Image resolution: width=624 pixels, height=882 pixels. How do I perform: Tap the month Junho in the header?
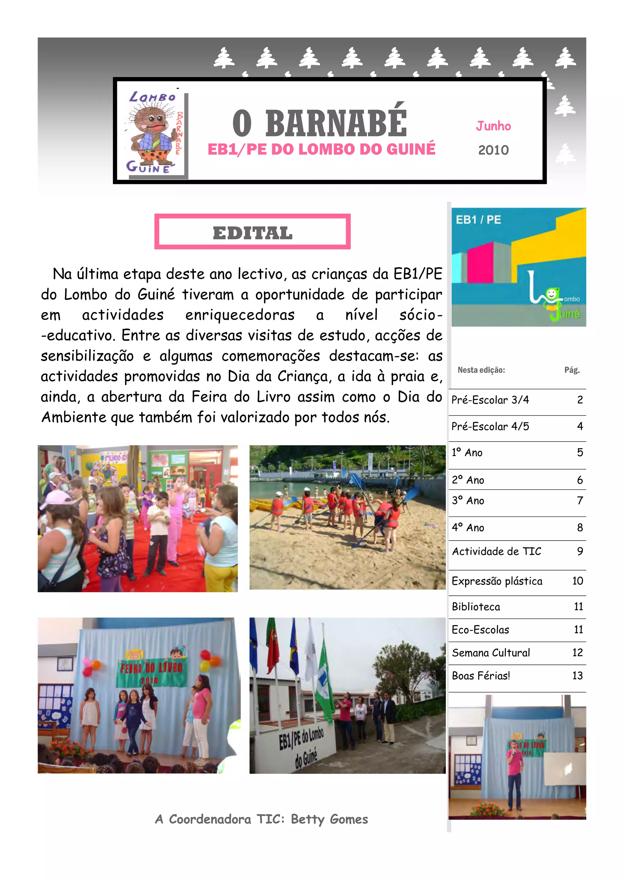pyautogui.click(x=493, y=126)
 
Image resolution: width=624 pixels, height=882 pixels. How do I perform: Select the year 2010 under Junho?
pyautogui.click(x=493, y=150)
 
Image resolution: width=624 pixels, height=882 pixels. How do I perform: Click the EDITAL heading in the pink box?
pyautogui.click(x=253, y=233)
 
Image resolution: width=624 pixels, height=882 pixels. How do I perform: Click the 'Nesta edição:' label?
pyautogui.click(x=481, y=370)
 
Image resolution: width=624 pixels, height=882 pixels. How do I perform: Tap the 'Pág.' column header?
pyautogui.click(x=572, y=370)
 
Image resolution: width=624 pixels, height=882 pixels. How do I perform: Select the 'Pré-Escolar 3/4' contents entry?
pyautogui.click(x=490, y=400)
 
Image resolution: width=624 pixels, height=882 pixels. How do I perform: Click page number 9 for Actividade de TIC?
pyautogui.click(x=580, y=551)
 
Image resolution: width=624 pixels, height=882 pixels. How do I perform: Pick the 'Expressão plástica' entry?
pyautogui.click(x=497, y=581)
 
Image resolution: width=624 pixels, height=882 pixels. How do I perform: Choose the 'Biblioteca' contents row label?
pyautogui.click(x=476, y=607)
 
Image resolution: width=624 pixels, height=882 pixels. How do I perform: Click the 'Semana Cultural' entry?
pyautogui.click(x=491, y=653)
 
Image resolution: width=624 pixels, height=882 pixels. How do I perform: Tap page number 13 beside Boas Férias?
pyautogui.click(x=577, y=676)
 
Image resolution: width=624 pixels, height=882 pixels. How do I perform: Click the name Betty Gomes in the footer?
pyautogui.click(x=329, y=819)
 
